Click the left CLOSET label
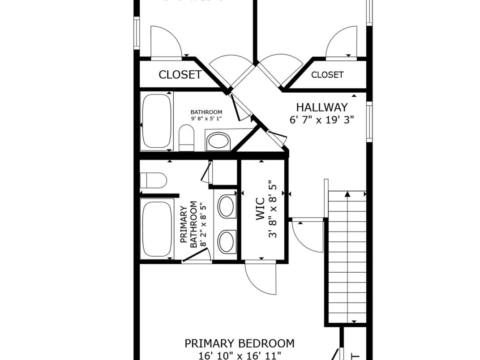180,75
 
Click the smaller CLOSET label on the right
327,75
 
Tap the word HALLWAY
321,107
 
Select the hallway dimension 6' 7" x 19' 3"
321,120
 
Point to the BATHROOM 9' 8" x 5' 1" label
206,115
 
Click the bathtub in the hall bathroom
156,121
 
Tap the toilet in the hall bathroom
186,138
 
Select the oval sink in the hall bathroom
218,141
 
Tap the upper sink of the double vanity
227,206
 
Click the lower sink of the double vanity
227,242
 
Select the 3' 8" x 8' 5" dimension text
273,209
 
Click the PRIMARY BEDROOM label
240,343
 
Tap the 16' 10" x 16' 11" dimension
240,356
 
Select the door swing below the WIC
261,278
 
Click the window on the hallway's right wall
369,122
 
